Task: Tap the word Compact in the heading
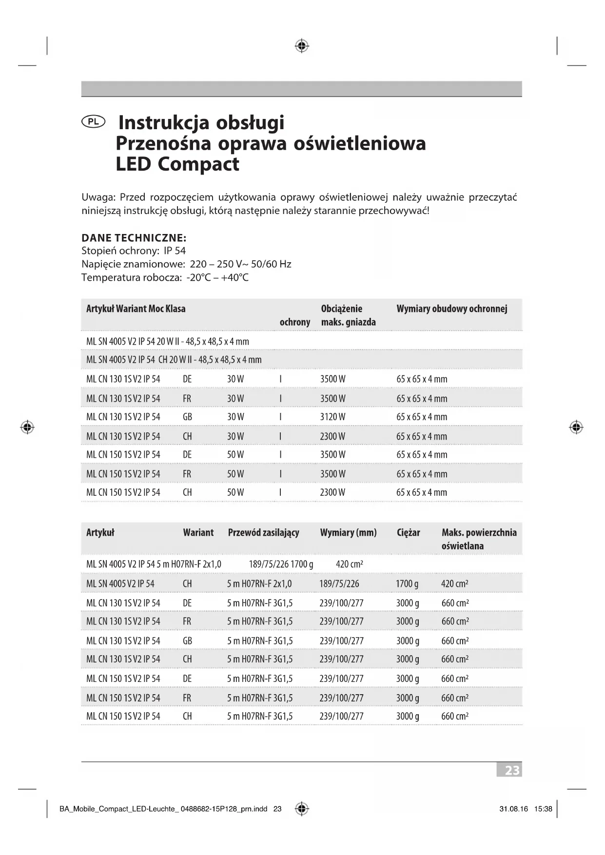(x=198, y=164)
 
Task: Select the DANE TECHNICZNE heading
(x=134, y=238)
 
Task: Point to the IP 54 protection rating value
(x=175, y=251)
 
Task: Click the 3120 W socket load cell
(x=332, y=417)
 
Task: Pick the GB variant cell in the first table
(x=187, y=417)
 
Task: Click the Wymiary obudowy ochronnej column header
(x=451, y=309)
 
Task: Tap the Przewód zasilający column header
(x=263, y=532)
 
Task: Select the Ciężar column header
(x=408, y=532)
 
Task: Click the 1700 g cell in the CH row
(x=407, y=583)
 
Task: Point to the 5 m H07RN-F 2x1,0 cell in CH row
(x=259, y=583)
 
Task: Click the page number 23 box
(x=510, y=770)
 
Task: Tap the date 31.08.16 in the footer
(x=513, y=809)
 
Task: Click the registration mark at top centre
(x=302, y=46)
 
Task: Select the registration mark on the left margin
(x=27, y=427)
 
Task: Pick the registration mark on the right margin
(x=576, y=427)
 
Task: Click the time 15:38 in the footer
(x=543, y=809)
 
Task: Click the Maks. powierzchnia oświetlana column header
(x=479, y=539)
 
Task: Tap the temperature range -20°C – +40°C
(x=217, y=277)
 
